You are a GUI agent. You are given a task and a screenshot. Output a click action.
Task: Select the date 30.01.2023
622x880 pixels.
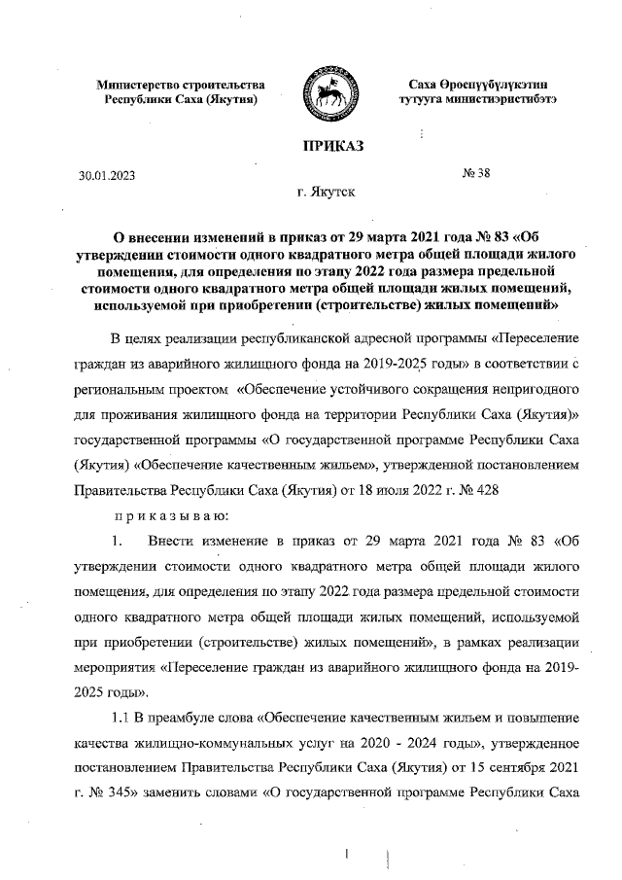tap(108, 176)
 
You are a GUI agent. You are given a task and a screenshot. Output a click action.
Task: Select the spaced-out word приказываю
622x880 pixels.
tap(171, 514)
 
